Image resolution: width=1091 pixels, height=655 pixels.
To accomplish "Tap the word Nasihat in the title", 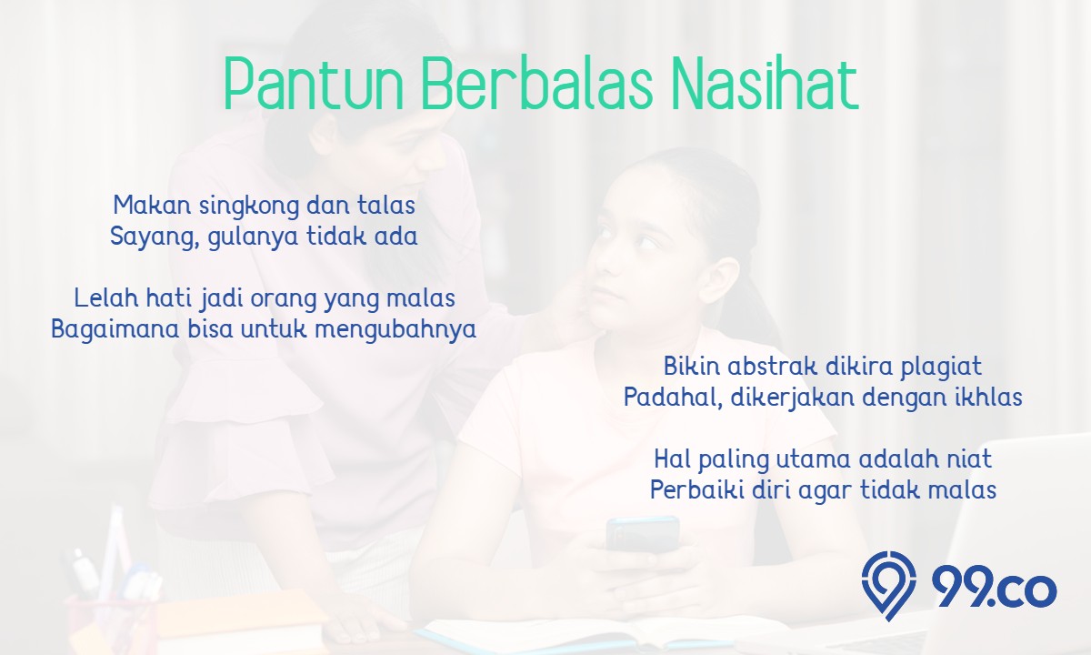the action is tap(765, 84).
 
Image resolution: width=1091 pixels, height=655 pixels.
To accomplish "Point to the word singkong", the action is tap(248, 207).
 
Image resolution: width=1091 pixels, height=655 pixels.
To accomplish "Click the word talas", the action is tap(386, 205).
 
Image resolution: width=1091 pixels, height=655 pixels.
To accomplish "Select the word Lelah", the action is tap(106, 297).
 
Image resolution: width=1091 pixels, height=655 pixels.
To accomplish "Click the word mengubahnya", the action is tap(395, 330).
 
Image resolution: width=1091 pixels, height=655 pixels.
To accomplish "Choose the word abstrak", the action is tap(773, 366).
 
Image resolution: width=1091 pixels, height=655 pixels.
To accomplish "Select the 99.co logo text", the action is tap(994, 589).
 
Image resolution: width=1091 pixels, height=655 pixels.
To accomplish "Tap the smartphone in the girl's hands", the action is tap(643, 534).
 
